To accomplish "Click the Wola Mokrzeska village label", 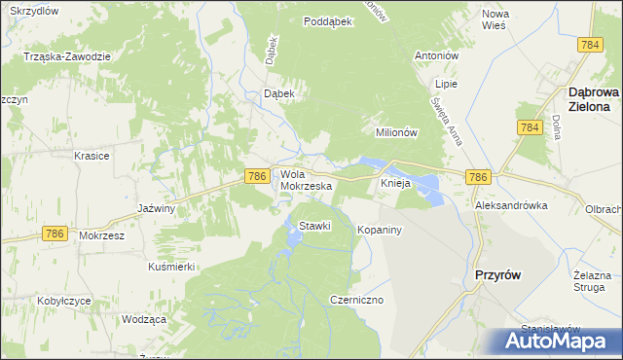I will coord(307,179).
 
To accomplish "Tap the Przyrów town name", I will coord(496,275).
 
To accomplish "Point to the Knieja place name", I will coord(396,183).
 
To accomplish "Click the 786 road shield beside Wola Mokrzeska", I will coord(256,175).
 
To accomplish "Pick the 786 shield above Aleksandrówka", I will coord(477,176).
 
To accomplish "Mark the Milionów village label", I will coord(396,132).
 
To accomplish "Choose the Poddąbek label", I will coord(327,21).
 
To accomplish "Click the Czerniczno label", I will coord(358,300).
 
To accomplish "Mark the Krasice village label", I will coord(92,156).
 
